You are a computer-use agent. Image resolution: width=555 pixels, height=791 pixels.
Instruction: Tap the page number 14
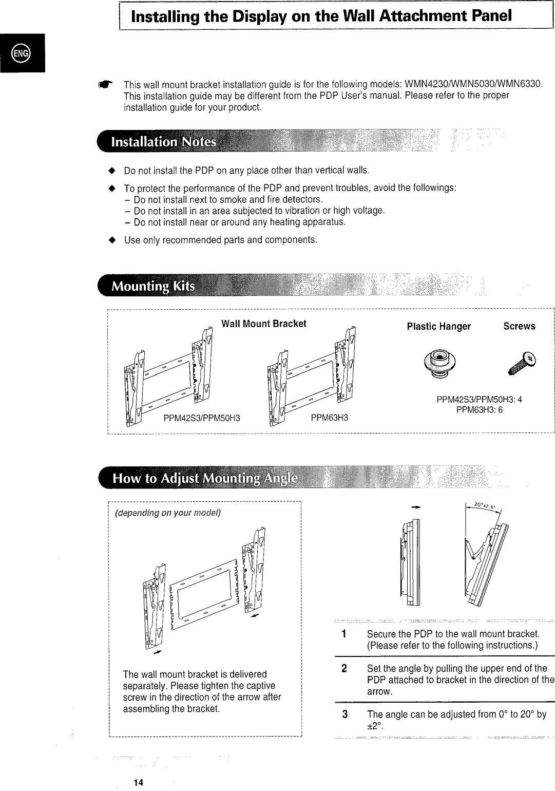point(138,782)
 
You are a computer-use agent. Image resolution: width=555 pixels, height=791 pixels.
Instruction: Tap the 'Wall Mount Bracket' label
point(263,324)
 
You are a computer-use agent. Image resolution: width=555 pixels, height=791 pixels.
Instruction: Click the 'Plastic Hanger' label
point(438,327)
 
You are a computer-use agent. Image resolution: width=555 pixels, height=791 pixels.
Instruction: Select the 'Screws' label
point(519,326)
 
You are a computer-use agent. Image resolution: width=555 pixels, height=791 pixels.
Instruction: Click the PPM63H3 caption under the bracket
point(329,418)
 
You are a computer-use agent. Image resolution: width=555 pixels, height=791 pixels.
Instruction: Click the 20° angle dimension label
point(483,505)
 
